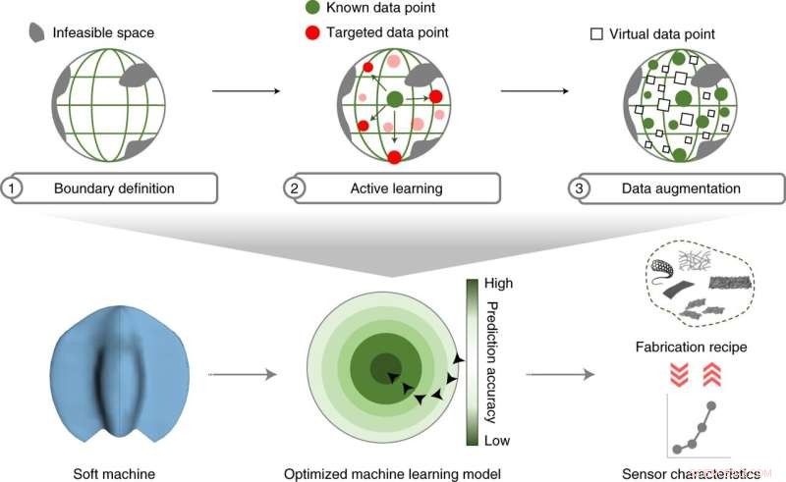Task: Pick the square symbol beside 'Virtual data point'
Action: coord(595,33)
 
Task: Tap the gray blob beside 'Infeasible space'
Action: coord(33,33)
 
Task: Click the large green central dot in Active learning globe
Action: coord(394,98)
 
